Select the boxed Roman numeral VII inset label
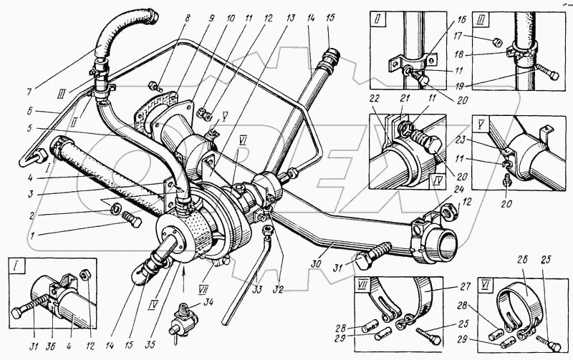364,284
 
